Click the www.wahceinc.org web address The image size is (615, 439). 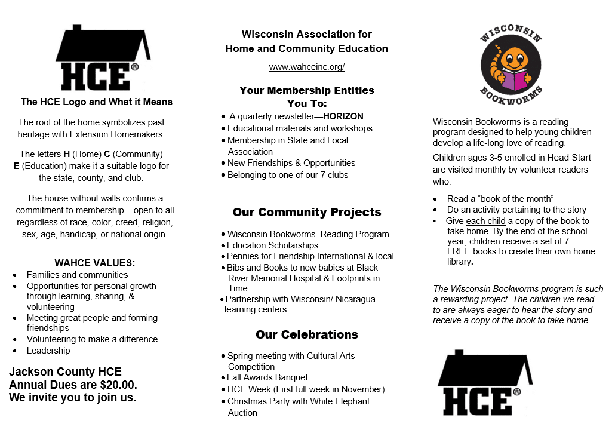point(306,67)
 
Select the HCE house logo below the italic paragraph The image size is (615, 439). point(485,382)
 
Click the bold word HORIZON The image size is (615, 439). point(343,116)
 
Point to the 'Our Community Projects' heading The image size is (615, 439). point(306,212)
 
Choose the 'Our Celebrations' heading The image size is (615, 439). point(306,334)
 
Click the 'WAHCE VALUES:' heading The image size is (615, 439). point(95,263)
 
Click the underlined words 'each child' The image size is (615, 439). point(486,221)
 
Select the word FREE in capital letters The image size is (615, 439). point(460,251)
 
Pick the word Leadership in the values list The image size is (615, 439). point(48,351)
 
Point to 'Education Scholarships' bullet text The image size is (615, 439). point(272,245)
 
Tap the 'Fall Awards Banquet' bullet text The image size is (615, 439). point(267,377)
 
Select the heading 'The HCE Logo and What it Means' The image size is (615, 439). point(97,102)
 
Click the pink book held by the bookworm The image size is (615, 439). point(514,79)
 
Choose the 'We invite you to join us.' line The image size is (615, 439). point(73,398)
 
